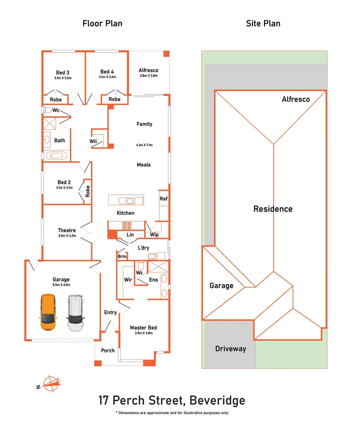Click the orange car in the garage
click(x=48, y=312)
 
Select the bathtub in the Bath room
click(x=56, y=156)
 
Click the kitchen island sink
click(x=129, y=200)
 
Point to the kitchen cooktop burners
click(x=128, y=225)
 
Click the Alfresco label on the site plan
click(x=296, y=99)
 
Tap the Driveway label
click(x=230, y=348)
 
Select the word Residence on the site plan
click(x=273, y=209)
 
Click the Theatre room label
click(x=67, y=230)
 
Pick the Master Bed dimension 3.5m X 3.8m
click(x=143, y=333)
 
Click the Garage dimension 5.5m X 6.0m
click(x=61, y=285)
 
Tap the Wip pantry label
click(x=154, y=235)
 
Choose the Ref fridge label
click(x=163, y=198)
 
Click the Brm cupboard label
click(x=122, y=257)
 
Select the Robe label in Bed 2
click(x=87, y=190)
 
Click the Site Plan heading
click(x=263, y=23)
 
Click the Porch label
click(x=108, y=350)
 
